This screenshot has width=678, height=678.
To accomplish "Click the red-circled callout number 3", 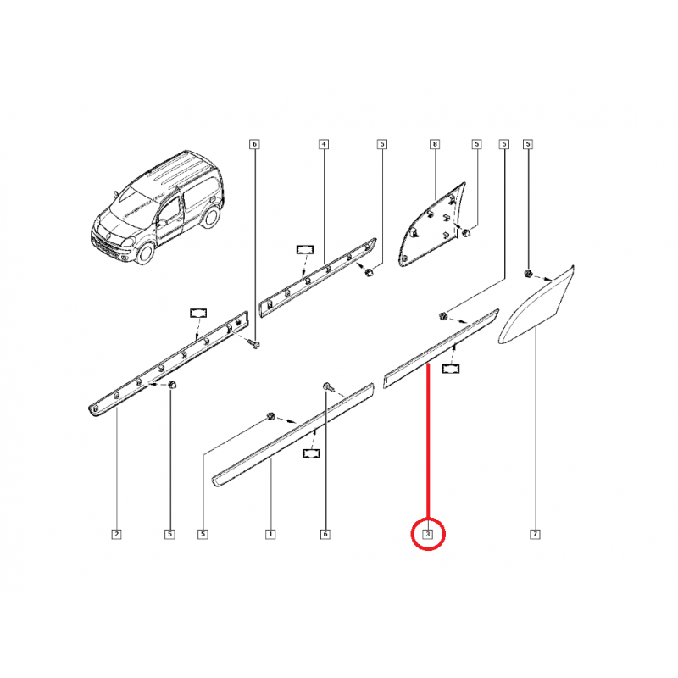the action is (428, 535).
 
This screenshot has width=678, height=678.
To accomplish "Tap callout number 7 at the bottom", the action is (535, 535).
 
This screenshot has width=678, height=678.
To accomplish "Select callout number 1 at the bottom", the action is (270, 535).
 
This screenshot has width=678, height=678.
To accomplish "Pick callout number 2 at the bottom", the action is (116, 535).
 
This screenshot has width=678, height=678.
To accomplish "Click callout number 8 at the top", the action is (435, 144).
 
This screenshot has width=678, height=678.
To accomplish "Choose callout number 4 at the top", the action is (324, 144).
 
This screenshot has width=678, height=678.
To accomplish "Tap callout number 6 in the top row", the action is (255, 144).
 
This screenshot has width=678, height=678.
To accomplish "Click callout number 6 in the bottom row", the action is (325, 535).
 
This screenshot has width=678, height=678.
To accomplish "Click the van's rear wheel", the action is (210, 216).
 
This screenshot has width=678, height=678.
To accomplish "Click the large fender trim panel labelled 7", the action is (537, 307).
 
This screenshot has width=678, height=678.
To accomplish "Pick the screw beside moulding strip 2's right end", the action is (255, 344).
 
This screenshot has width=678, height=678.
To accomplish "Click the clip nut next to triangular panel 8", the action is (466, 233).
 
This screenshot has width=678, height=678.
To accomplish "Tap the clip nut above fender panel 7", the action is (527, 273).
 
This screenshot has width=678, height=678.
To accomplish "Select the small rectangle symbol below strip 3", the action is (450, 369).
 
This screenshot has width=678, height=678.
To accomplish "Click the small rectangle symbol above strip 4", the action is (305, 249).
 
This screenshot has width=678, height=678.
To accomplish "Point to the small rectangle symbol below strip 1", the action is (311, 453).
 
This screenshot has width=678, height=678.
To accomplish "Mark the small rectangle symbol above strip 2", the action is (198, 313).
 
